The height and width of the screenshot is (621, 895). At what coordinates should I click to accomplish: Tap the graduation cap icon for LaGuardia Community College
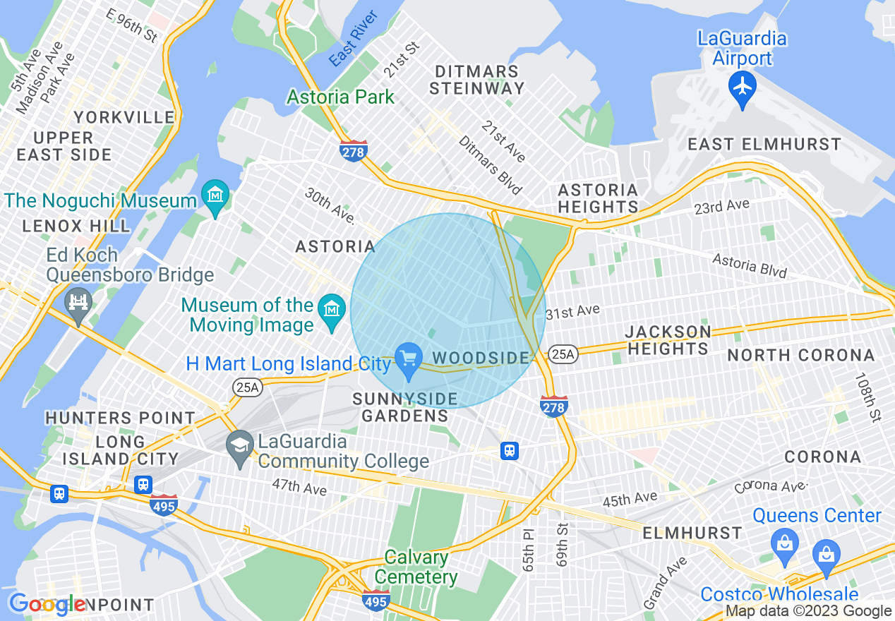[x=240, y=446]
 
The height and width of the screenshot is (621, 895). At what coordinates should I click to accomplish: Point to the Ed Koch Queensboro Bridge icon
[x=78, y=303]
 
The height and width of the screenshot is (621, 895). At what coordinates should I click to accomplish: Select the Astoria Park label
[x=341, y=97]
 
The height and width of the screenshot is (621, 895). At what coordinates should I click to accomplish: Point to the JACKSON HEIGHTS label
[x=668, y=340]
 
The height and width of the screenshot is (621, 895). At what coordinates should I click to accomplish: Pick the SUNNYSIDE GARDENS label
[x=405, y=407]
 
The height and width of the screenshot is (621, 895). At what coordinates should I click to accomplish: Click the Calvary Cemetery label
[x=416, y=567]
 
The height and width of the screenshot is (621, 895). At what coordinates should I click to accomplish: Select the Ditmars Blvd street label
[x=490, y=165]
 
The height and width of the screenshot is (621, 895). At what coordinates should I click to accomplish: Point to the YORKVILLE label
[x=124, y=117]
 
